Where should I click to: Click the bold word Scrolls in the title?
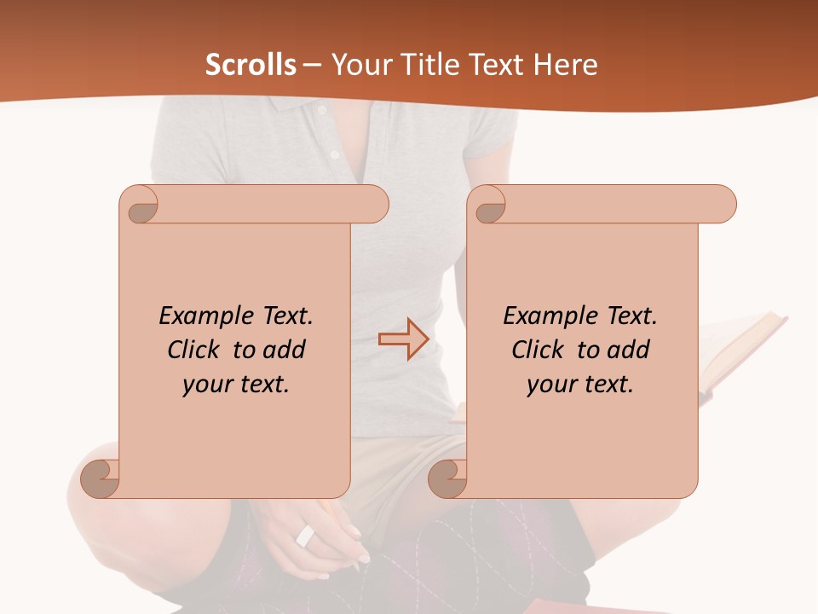tap(251, 65)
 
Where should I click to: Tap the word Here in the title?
tap(566, 65)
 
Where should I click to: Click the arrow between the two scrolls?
tap(403, 339)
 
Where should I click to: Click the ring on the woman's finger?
tap(305, 536)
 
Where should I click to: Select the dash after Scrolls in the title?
tap(312, 66)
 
